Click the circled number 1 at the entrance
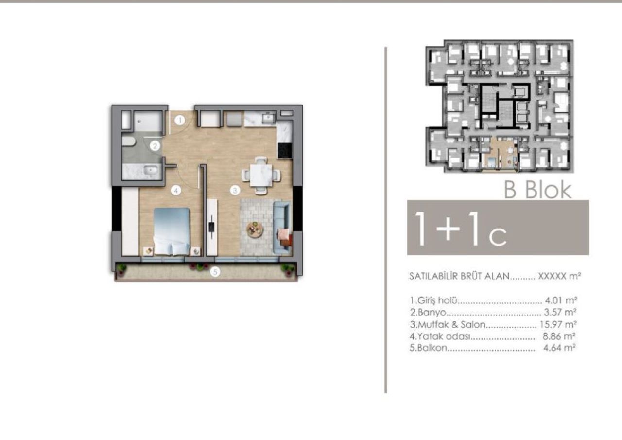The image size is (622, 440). [180, 120]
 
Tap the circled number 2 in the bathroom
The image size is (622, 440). [155, 146]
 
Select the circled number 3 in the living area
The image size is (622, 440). [235, 191]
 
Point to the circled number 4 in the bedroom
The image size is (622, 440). [176, 191]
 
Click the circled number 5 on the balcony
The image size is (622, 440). [215, 272]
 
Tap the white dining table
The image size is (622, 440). [260, 176]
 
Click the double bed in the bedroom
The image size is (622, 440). [172, 231]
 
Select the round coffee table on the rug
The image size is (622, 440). [255, 229]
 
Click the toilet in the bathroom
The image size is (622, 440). [128, 141]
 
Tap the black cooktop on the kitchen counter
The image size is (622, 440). [285, 151]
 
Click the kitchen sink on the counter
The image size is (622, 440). [269, 119]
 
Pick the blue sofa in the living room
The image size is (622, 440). [282, 227]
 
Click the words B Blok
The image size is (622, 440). [538, 190]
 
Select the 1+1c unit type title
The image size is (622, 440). [460, 229]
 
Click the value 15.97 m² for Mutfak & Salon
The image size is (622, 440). [558, 324]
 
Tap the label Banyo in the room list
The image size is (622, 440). [428, 312]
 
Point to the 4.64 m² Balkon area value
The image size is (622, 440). [559, 348]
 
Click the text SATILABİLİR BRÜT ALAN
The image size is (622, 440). [460, 276]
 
